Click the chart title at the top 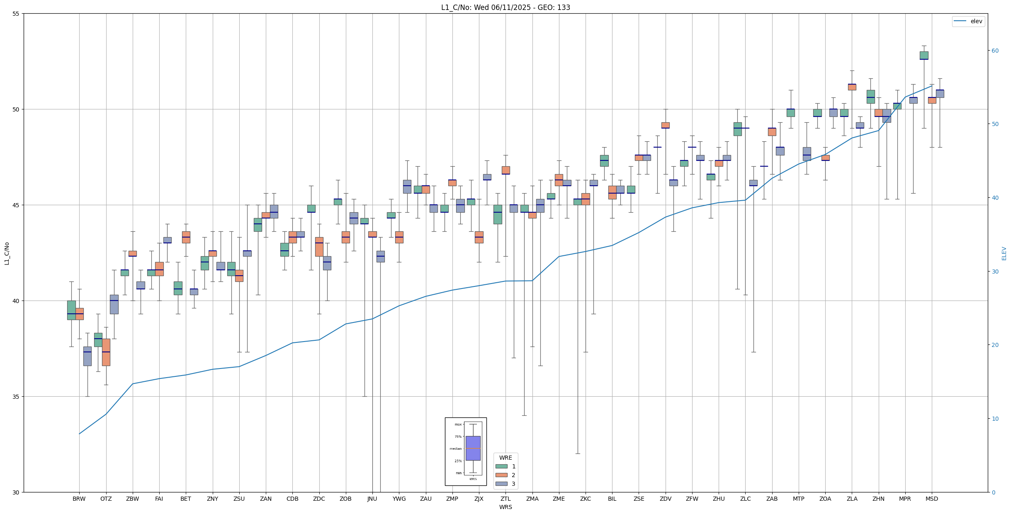coord(505,7)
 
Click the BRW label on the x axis coord(79,499)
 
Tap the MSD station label coord(932,499)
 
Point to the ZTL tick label coord(505,499)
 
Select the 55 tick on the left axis coord(16,14)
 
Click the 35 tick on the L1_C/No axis coord(16,397)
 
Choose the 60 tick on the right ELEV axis coord(994,51)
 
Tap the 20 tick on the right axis coord(994,345)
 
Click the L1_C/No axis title coord(7,253)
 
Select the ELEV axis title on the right coord(1004,253)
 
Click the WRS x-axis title coord(505,507)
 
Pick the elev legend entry coord(968,21)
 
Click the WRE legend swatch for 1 coord(501,466)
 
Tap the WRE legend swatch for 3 coord(501,484)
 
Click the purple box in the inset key coord(473,448)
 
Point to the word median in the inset coord(455,449)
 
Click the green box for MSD coord(924,56)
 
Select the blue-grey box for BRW coord(87,356)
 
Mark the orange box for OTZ coord(106,352)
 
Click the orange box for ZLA coord(852,87)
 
